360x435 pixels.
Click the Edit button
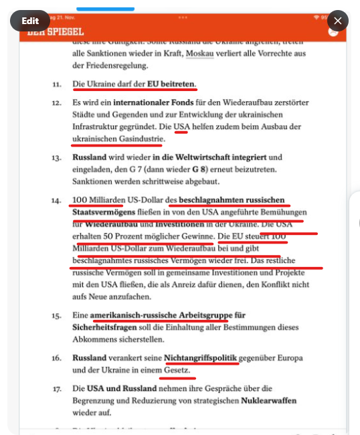pos(30,21)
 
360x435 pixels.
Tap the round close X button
pos(337,21)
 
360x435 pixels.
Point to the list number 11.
pos(56,84)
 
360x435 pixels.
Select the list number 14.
pos(56,200)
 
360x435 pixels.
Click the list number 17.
pos(56,389)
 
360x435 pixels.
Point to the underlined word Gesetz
pos(175,370)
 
